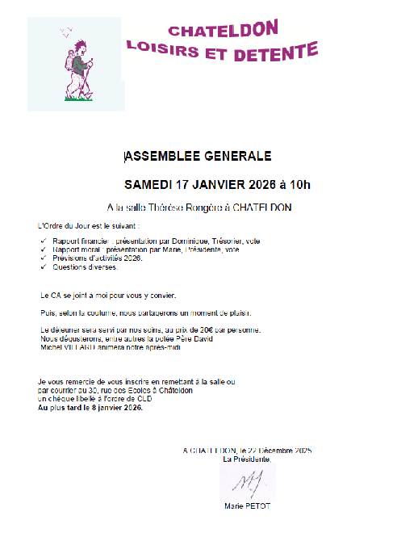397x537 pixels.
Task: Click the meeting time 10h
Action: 296,184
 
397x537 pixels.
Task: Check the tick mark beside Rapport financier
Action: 42,241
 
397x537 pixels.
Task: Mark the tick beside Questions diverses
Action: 42,266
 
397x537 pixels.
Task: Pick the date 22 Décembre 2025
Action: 276,450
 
